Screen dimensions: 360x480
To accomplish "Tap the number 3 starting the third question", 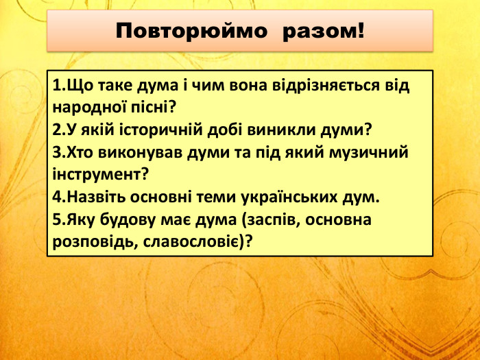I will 56,152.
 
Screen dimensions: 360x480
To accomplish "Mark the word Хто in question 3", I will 79,152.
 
